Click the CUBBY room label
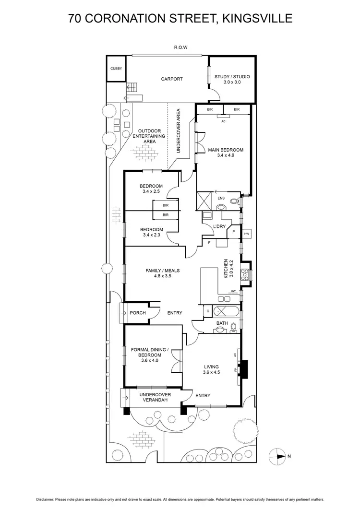(116, 69)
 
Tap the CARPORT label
(172, 79)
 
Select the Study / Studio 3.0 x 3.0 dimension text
(232, 83)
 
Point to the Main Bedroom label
(226, 150)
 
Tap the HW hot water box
(247, 234)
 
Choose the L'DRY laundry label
(220, 227)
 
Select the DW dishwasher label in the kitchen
(233, 291)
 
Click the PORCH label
(138, 313)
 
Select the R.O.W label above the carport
(180, 47)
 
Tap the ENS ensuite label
(221, 198)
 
